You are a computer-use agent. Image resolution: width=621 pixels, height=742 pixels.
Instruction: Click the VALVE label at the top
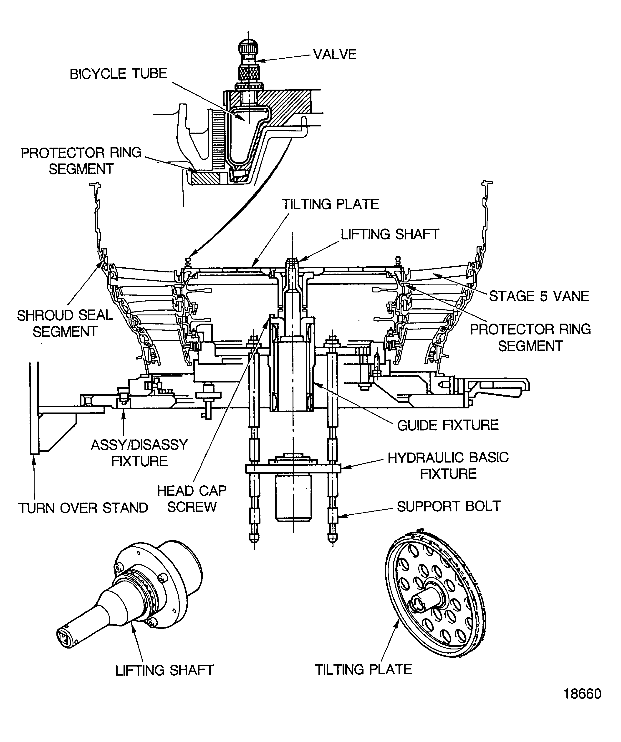click(x=335, y=54)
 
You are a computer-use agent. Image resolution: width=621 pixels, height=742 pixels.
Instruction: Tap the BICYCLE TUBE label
click(x=118, y=74)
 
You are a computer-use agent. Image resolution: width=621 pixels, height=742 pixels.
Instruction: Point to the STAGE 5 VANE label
click(x=539, y=296)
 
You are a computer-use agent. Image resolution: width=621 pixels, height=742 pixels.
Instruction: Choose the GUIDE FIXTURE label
click(x=447, y=425)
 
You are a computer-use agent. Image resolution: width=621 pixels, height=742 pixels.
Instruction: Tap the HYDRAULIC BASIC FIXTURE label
click(x=448, y=465)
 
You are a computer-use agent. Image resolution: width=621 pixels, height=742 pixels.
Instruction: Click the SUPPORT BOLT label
click(x=449, y=506)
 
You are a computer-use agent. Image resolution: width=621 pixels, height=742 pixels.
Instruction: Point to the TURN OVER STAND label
click(x=83, y=508)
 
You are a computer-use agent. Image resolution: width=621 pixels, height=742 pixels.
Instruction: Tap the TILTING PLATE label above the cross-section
click(x=330, y=204)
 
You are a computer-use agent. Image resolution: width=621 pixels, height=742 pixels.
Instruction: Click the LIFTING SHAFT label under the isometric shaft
click(x=164, y=670)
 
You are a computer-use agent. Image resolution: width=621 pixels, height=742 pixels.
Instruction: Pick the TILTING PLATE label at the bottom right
click(x=363, y=669)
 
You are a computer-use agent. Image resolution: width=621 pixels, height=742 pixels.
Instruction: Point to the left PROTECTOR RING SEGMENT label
click(x=81, y=161)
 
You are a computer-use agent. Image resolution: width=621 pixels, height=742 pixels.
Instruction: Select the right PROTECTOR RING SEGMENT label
click(x=530, y=337)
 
